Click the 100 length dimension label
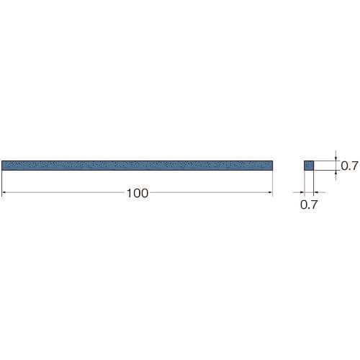coord(138,194)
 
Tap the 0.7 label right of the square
coord(349,166)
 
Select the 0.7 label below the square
coord(309,204)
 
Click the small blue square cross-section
coord(309,166)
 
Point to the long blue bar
coord(138,166)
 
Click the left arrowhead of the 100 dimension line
coord(4,192)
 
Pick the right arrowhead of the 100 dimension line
coord(271,192)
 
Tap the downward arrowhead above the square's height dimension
coord(336,159)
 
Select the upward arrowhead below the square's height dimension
coord(336,172)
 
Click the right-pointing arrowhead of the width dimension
coord(302,192)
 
